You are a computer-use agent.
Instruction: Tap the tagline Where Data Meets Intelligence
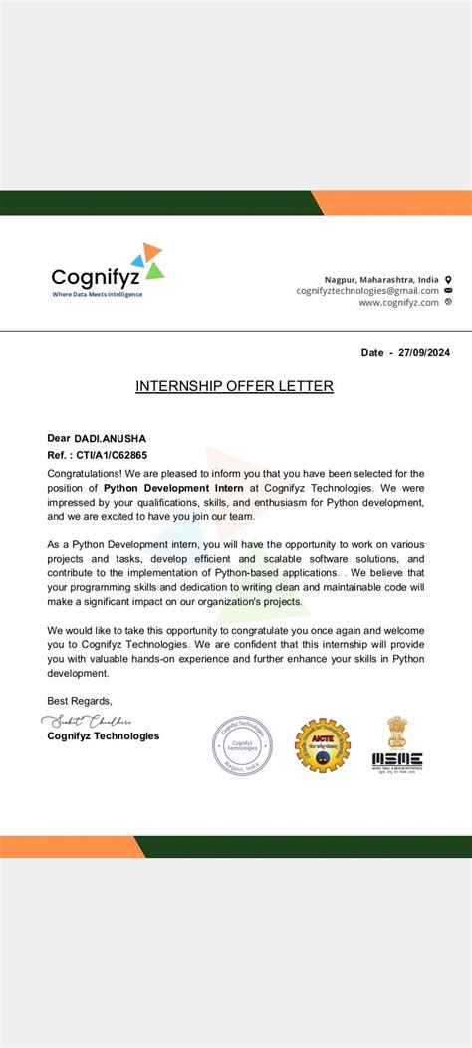point(97,294)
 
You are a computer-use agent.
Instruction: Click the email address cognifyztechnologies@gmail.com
point(367,291)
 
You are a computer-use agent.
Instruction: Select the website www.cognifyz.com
point(398,303)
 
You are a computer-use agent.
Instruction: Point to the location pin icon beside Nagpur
point(448,280)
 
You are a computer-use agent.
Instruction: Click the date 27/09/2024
point(422,352)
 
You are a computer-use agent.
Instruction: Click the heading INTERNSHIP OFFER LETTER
point(234,386)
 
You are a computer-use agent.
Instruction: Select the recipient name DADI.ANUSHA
point(111,438)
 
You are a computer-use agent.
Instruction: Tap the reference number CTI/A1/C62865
point(113,454)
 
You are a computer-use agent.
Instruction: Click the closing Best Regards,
point(80,701)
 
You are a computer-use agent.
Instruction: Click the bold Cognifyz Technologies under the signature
point(103,736)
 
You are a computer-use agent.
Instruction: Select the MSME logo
point(397,762)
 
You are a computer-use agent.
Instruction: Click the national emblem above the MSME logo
point(398,731)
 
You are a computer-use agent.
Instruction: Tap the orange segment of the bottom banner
point(70,847)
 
